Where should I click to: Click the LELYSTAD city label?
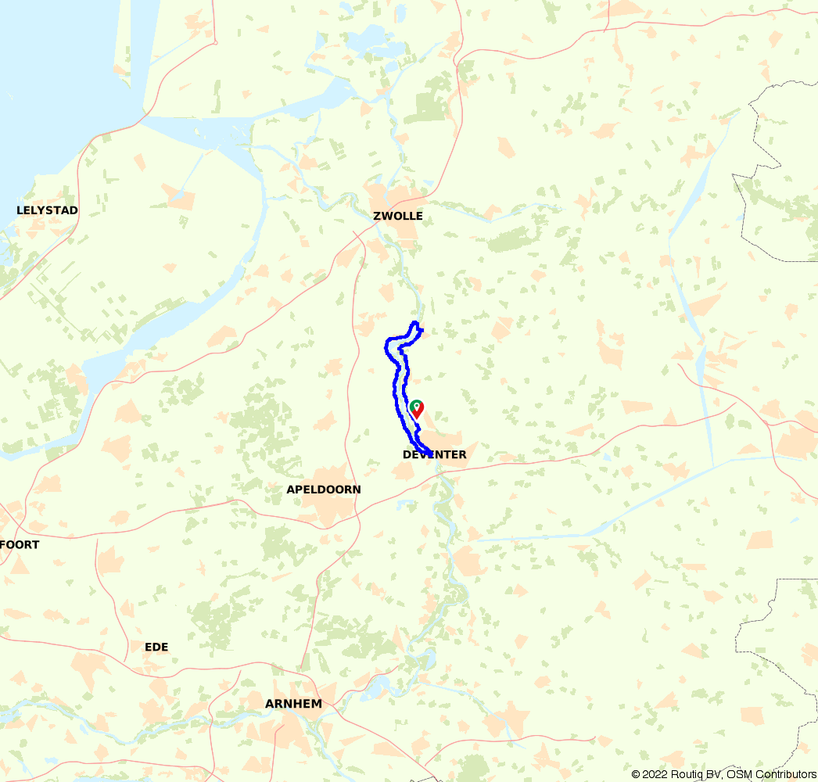(x=48, y=210)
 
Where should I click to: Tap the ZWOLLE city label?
(x=398, y=216)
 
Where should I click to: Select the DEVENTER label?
(x=435, y=454)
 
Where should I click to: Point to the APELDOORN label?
(x=325, y=490)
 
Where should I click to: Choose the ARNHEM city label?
(x=293, y=704)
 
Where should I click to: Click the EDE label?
(x=156, y=647)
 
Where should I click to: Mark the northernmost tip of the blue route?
(x=415, y=323)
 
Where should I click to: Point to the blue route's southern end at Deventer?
(x=431, y=452)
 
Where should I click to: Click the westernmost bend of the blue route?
(x=386, y=344)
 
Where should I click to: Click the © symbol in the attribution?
(x=636, y=774)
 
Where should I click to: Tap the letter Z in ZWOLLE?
(x=377, y=216)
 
